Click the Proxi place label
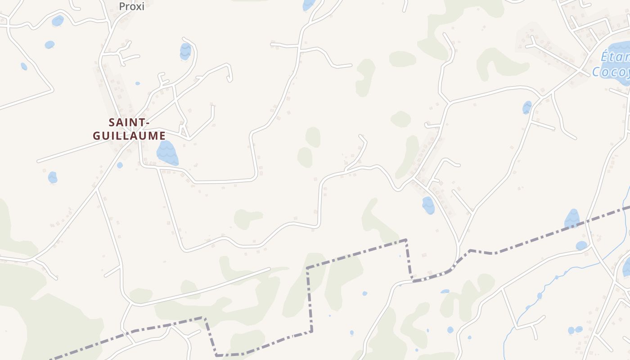(x=131, y=6)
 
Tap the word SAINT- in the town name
(x=129, y=122)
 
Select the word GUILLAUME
(x=129, y=135)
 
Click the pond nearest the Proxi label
(x=58, y=21)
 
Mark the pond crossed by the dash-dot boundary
(x=572, y=219)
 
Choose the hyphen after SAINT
(x=147, y=122)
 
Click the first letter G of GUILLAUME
(x=97, y=135)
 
